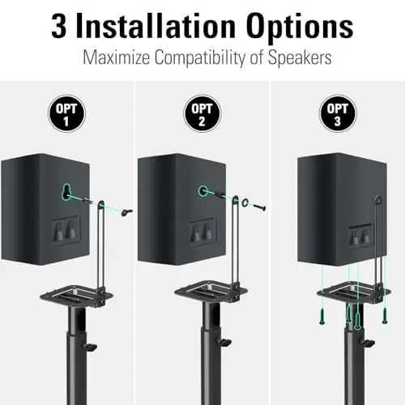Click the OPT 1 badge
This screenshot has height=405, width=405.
66,113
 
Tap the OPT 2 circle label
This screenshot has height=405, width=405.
202,113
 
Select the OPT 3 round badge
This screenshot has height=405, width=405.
338,113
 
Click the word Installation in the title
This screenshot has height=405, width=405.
156,26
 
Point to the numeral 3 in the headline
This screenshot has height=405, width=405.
58,27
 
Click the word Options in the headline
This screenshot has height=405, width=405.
300,28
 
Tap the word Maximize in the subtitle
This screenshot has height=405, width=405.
116,57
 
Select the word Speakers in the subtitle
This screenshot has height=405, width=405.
300,58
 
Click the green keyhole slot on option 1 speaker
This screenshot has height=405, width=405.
66,192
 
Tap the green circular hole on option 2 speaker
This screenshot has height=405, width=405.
202,191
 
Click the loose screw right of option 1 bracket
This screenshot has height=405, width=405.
126,212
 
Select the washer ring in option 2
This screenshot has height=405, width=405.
246,202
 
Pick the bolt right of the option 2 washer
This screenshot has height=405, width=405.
260,207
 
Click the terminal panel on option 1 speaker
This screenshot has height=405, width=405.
66,230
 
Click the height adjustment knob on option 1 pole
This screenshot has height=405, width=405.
91,347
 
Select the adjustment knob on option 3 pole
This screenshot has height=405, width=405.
369,343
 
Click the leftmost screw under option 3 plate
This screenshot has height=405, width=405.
322,317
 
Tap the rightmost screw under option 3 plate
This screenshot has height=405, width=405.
385,315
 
